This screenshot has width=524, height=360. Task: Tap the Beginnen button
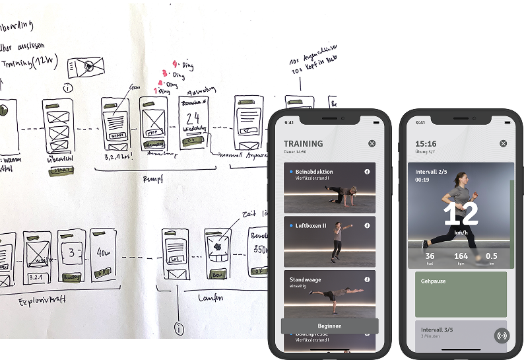(x=329, y=326)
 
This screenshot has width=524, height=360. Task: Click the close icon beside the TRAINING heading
(x=372, y=143)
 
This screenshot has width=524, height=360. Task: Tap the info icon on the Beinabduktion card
(x=367, y=171)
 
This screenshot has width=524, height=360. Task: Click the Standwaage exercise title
(x=305, y=279)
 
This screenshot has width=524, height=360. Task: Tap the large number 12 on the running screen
(x=460, y=215)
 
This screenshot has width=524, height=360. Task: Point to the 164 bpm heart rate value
(x=461, y=256)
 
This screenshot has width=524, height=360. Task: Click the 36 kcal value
(x=430, y=256)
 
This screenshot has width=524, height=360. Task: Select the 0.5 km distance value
(x=492, y=256)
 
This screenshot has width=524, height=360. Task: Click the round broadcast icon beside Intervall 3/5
(x=502, y=335)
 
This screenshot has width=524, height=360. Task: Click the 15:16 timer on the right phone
(x=426, y=143)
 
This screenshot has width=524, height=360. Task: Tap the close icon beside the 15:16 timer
(x=504, y=143)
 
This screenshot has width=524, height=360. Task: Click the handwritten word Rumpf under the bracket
(x=153, y=178)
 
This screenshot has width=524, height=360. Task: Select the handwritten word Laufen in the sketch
(x=211, y=298)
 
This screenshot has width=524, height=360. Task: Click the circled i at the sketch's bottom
(x=178, y=328)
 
